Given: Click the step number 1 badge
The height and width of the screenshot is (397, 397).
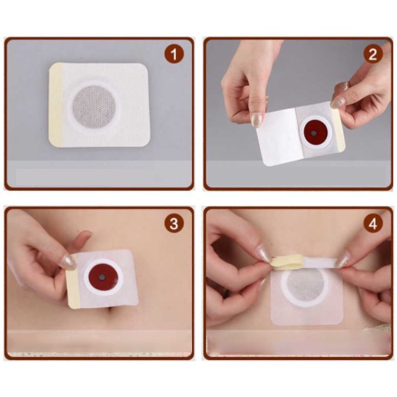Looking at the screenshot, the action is pos(174,55).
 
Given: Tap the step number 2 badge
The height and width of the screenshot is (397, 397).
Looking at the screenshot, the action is pos(373,55).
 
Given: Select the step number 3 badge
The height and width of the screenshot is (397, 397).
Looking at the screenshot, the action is pos(174,224).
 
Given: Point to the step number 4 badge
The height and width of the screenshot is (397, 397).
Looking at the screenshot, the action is pos(373,224).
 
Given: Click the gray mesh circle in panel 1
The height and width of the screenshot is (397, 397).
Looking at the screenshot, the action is pos(94,106).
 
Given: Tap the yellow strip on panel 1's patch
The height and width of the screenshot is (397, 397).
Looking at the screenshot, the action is pos(56,104).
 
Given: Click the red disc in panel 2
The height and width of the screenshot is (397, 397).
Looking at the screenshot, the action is pos(314,133).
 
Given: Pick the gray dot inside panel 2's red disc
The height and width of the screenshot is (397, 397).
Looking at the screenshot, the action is pos(313,133).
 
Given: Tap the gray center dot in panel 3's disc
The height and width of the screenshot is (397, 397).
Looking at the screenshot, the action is pos(102,277).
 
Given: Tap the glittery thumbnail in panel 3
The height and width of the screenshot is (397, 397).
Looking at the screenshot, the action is pos(68,262).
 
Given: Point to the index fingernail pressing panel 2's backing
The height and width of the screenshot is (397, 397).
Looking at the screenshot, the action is pos(256,120).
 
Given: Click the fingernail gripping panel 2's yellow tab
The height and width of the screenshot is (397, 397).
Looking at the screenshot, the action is pos(338,102).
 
